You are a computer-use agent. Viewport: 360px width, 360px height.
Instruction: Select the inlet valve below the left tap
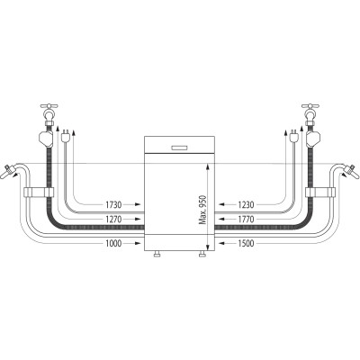click(x=45, y=138)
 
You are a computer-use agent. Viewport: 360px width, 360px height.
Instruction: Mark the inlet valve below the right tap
click(x=314, y=138)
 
